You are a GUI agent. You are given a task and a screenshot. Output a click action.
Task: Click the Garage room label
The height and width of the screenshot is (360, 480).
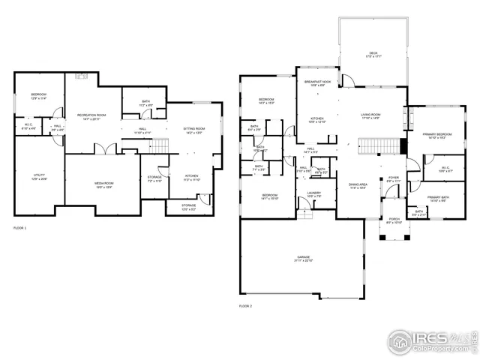(x=302, y=258)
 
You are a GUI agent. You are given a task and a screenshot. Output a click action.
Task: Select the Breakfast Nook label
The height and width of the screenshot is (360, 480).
(x=318, y=83)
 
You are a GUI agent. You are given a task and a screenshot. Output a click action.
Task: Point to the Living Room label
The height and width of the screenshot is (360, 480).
(x=371, y=115)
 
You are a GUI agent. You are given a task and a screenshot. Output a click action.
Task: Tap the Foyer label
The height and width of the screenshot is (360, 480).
(x=394, y=178)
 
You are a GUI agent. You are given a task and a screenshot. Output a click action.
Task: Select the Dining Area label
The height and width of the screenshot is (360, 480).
(x=358, y=185)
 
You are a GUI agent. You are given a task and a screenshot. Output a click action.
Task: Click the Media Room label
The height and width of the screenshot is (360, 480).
(x=103, y=184)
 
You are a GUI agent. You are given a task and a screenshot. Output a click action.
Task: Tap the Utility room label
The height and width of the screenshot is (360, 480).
(x=38, y=177)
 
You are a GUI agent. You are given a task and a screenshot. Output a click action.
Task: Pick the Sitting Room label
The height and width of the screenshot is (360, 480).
(x=194, y=130)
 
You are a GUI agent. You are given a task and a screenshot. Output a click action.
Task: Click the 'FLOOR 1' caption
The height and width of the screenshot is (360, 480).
(x=20, y=226)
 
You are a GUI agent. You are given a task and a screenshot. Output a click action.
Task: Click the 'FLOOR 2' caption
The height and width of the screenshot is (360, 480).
(x=246, y=306)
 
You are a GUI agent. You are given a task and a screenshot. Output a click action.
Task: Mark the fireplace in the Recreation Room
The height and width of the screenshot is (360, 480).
(x=84, y=75)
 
